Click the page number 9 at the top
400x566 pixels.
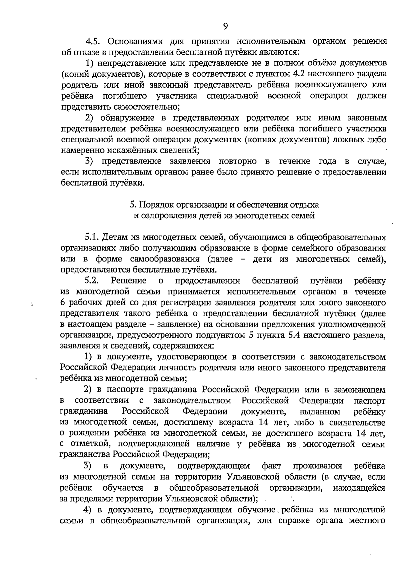[225, 26]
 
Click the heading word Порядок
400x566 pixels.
[156, 204]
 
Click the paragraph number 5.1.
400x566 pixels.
[92, 237]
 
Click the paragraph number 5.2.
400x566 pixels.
[92, 281]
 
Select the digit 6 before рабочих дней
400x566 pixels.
[63, 303]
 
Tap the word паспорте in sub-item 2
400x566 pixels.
[121, 389]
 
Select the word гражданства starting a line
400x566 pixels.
[85, 454]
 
